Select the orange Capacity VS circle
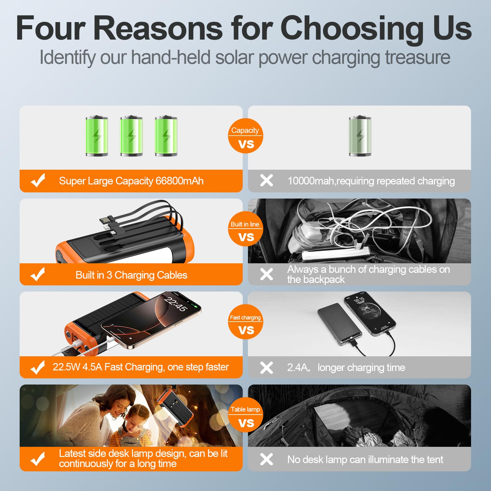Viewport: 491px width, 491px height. tap(245, 136)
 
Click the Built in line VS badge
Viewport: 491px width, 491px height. tap(245, 229)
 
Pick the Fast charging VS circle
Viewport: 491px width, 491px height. tap(245, 322)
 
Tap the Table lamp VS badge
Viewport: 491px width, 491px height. tap(245, 415)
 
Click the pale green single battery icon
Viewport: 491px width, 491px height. tap(360, 136)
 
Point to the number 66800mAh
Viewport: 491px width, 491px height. tap(180, 181)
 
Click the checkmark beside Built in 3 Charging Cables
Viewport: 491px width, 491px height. tap(38, 274)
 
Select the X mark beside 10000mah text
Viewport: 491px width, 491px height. tap(266, 180)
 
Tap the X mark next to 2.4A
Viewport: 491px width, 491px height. tap(266, 367)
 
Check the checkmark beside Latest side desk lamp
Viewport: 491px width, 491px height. tap(38, 459)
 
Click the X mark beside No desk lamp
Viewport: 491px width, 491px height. tap(266, 459)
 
